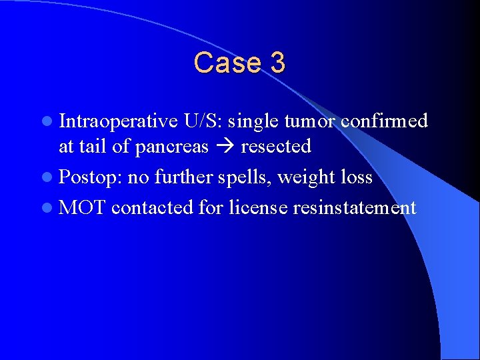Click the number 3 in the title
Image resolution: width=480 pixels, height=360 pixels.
tap(278, 63)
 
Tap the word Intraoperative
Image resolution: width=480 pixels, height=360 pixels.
tap(118, 121)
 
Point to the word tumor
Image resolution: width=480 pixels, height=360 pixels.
tap(309, 121)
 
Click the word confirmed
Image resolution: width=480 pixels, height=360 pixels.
tap(384, 121)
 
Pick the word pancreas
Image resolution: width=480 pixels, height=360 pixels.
tap(171, 147)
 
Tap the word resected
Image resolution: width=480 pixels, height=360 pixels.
tap(276, 147)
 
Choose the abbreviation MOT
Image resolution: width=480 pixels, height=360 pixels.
tap(82, 207)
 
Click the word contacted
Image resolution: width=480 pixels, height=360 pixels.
tap(153, 207)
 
